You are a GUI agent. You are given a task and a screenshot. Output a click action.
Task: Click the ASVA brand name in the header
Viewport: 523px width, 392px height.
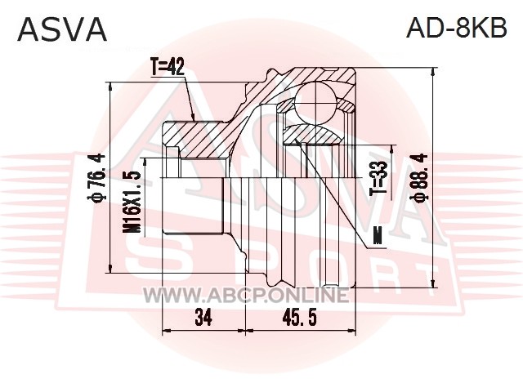point(62,29)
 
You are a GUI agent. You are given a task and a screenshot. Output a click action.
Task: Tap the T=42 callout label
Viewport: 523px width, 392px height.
point(167,67)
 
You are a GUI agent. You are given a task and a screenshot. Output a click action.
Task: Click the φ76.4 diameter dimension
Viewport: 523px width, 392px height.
point(96,178)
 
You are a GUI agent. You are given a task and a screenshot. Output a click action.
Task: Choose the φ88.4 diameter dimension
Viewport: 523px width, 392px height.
point(418,178)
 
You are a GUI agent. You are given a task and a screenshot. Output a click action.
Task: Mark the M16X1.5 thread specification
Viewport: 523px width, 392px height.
point(131,203)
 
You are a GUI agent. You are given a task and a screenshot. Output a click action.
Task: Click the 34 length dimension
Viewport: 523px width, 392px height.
point(203,318)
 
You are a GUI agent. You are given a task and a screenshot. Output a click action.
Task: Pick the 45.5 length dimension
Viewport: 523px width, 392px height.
point(299,318)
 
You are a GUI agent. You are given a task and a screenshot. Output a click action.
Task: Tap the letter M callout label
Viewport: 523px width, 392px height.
point(378,236)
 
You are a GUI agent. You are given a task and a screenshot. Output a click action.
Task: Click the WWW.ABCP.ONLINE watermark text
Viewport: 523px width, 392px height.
point(246,295)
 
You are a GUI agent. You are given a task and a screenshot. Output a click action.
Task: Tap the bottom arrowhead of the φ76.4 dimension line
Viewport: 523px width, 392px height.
point(110,267)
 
